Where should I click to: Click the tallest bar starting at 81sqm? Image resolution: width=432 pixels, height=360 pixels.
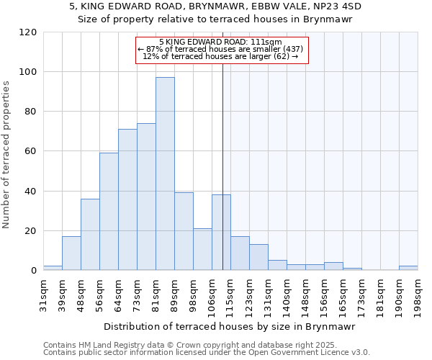(x=165, y=174)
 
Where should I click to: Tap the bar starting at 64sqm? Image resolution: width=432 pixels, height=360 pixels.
(x=127, y=199)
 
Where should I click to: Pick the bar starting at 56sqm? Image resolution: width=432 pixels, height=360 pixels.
(x=109, y=212)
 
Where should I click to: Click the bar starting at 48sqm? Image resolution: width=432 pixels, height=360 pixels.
(x=90, y=235)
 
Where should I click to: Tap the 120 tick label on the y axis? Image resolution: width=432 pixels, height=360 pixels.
(x=28, y=32)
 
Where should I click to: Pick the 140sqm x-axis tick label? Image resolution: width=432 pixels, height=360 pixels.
(x=287, y=294)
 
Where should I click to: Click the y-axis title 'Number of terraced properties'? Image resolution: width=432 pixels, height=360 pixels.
(x=7, y=155)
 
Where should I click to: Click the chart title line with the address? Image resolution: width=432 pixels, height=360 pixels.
(x=215, y=6)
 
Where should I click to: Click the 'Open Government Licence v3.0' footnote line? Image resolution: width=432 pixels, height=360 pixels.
(x=207, y=352)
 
